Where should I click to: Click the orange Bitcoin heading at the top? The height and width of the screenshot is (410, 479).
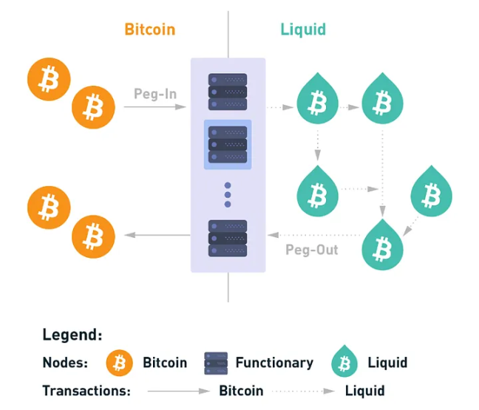[x=150, y=30]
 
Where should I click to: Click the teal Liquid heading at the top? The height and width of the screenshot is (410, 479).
[x=303, y=30]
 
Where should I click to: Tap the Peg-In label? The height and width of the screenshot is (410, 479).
[x=154, y=94]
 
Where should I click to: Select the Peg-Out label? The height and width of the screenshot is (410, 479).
[x=312, y=250]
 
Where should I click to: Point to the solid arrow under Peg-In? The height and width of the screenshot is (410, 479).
[x=155, y=107]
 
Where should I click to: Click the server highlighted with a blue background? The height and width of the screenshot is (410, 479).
[x=228, y=144]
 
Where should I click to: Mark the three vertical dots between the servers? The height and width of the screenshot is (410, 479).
[x=228, y=194]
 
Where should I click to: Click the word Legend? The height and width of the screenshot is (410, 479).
[x=72, y=335]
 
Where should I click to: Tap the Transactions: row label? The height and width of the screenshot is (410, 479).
[x=86, y=390]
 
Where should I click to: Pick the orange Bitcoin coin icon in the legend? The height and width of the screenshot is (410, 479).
[x=119, y=363]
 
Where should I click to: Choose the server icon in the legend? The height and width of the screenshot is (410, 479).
[x=216, y=363]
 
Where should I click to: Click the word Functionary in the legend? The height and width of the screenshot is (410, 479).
[x=274, y=363]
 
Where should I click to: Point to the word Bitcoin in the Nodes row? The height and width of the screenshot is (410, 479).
[x=164, y=363]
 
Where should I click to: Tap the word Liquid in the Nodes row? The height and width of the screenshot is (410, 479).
[x=387, y=363]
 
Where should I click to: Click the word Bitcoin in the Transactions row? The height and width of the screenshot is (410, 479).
[x=241, y=390]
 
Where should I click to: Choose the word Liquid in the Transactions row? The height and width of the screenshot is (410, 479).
[x=365, y=390]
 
